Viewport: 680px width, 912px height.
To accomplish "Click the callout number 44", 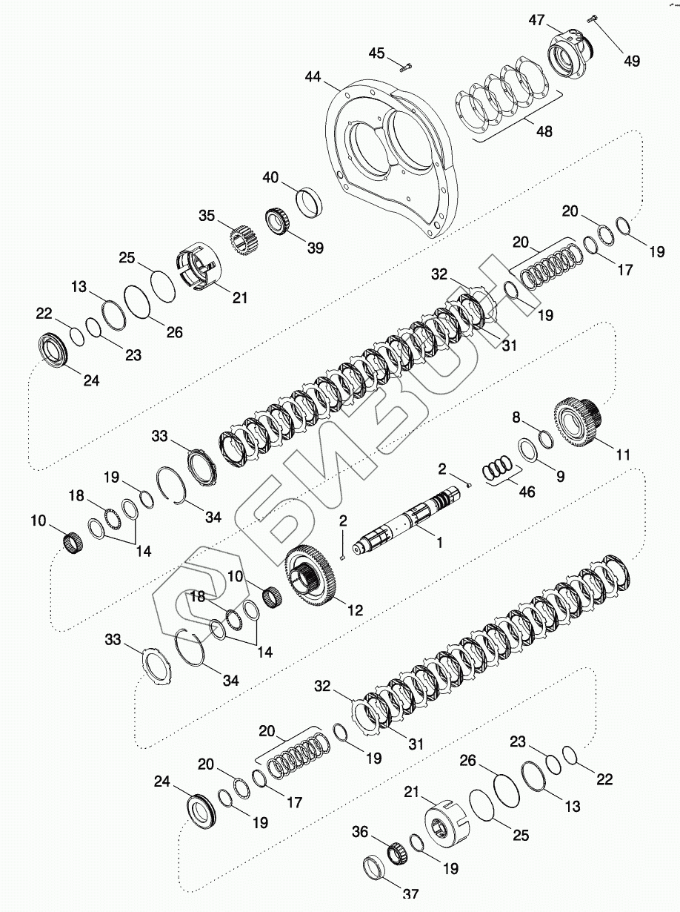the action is point(314,77).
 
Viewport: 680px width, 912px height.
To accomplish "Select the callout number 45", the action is point(377,53).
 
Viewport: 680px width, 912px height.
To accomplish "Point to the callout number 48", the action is point(544,131).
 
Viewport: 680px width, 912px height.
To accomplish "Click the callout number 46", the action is point(527,491).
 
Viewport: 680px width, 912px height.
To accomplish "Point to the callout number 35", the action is point(206,217).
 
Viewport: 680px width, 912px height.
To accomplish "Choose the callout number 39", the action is point(316,248).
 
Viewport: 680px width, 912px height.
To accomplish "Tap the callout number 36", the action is point(360,833).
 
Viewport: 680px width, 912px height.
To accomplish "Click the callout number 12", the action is point(355,610).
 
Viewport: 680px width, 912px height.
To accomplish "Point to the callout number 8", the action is point(516,418).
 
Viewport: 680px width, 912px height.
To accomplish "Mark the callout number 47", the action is point(536,21).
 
